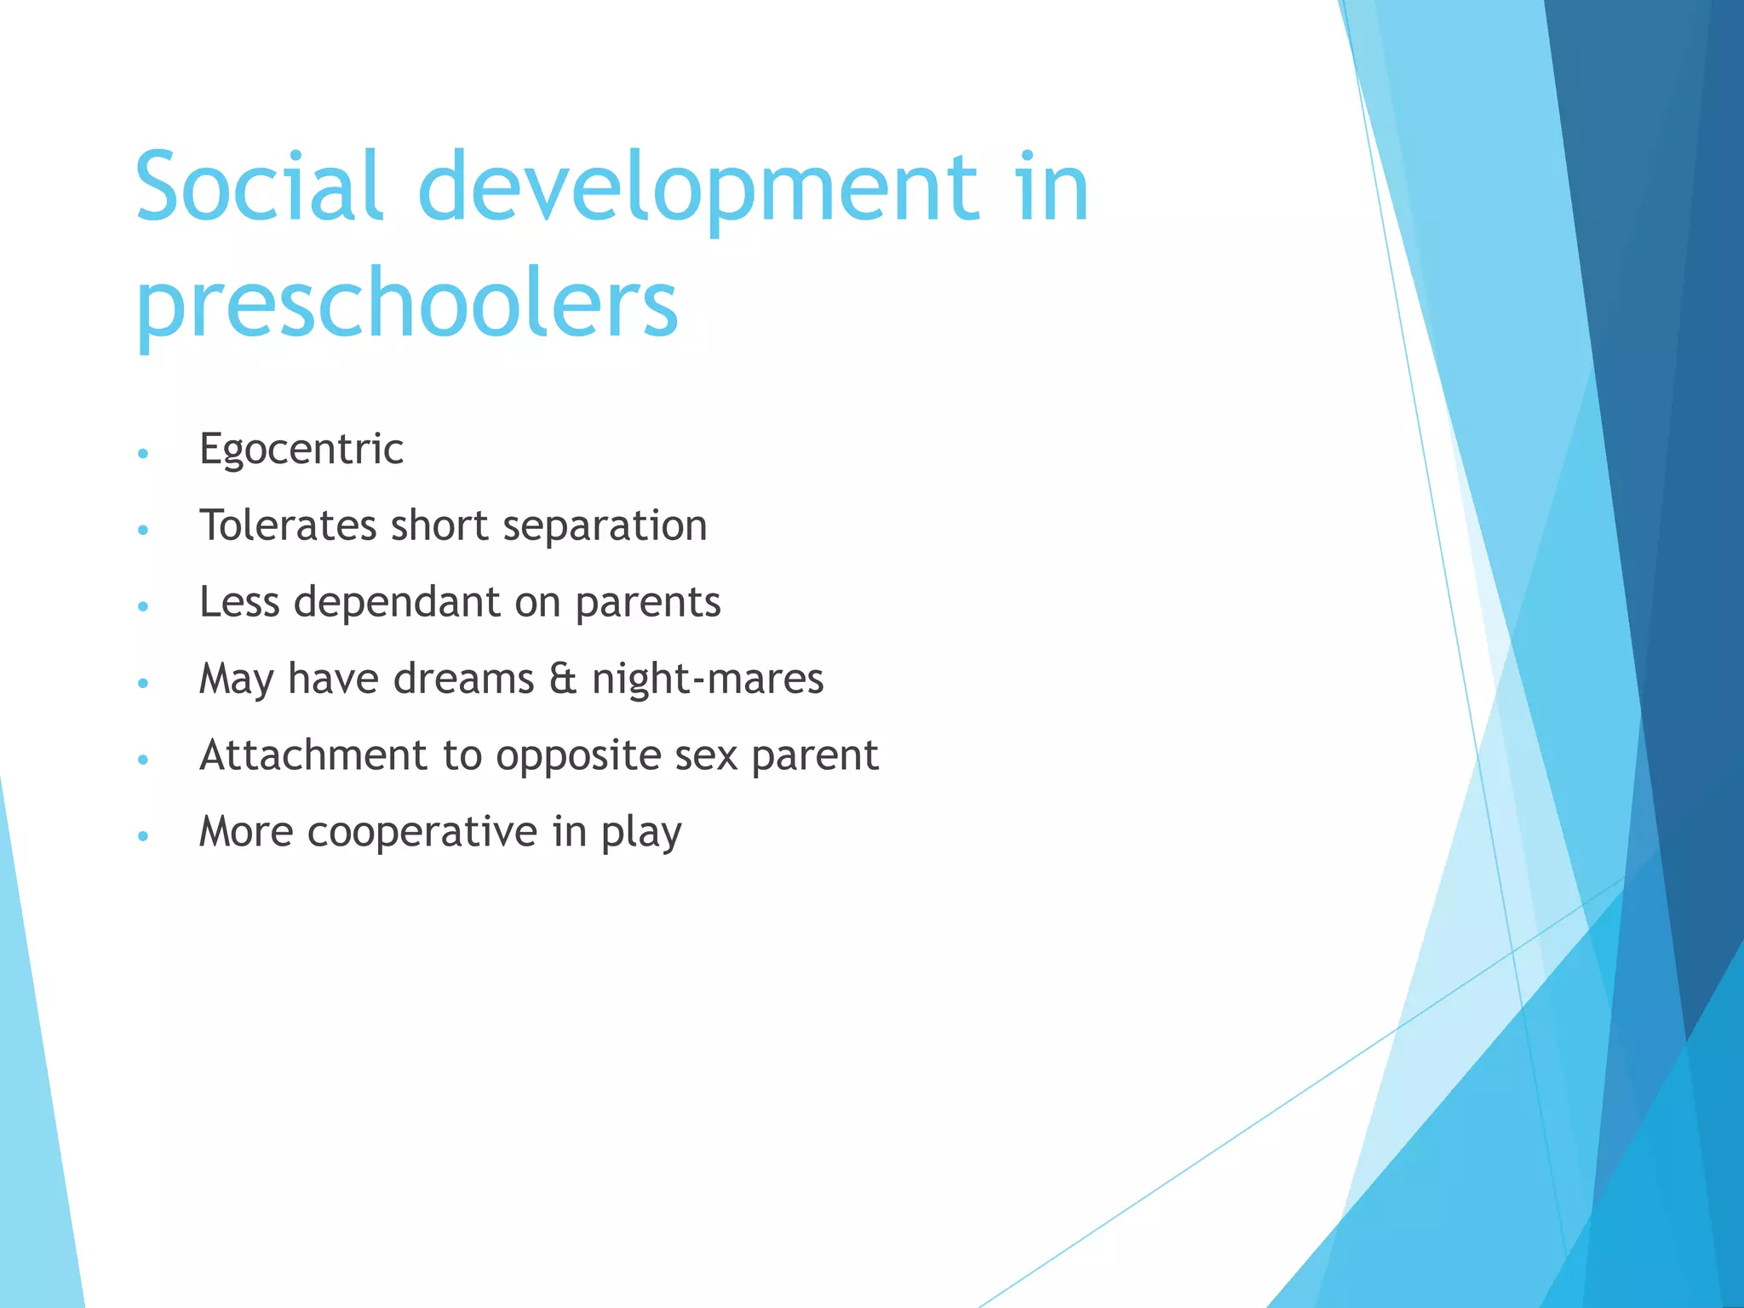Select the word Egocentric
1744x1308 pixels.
coord(301,450)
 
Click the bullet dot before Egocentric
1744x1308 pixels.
coord(143,453)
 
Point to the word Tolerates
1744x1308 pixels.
coord(287,525)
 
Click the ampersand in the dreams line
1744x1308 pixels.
coord(562,680)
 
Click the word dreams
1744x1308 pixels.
coord(463,680)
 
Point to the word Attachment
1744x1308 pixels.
coord(313,755)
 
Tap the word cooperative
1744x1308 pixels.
coord(422,832)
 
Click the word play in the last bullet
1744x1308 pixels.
coord(641,834)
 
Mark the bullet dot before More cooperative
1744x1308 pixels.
coord(143,836)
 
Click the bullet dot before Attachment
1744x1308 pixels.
coord(143,760)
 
